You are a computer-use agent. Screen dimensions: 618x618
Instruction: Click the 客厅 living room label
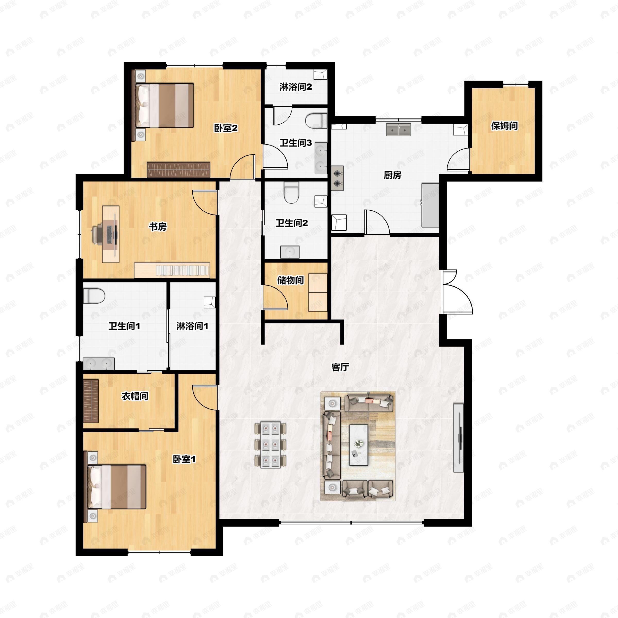(x=340, y=367)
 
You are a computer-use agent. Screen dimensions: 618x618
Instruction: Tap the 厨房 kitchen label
(x=392, y=175)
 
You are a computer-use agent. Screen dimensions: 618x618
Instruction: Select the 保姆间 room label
(x=504, y=126)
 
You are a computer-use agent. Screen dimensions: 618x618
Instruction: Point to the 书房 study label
(x=158, y=227)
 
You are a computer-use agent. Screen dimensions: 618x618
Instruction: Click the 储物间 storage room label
(x=290, y=280)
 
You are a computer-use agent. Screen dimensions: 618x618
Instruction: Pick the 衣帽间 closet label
(x=135, y=396)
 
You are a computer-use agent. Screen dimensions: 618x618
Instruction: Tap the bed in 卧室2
(x=165, y=106)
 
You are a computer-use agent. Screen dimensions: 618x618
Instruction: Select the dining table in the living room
(x=270, y=445)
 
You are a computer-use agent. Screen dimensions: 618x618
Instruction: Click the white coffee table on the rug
(x=358, y=445)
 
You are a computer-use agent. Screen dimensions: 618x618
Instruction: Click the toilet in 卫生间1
(x=94, y=296)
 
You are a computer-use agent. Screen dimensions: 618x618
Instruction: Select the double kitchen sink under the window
(x=398, y=130)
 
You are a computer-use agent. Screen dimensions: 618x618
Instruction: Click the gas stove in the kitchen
(x=337, y=178)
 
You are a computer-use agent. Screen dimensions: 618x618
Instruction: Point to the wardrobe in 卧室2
(x=178, y=169)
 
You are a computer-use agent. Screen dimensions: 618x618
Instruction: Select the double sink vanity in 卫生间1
(x=99, y=364)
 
